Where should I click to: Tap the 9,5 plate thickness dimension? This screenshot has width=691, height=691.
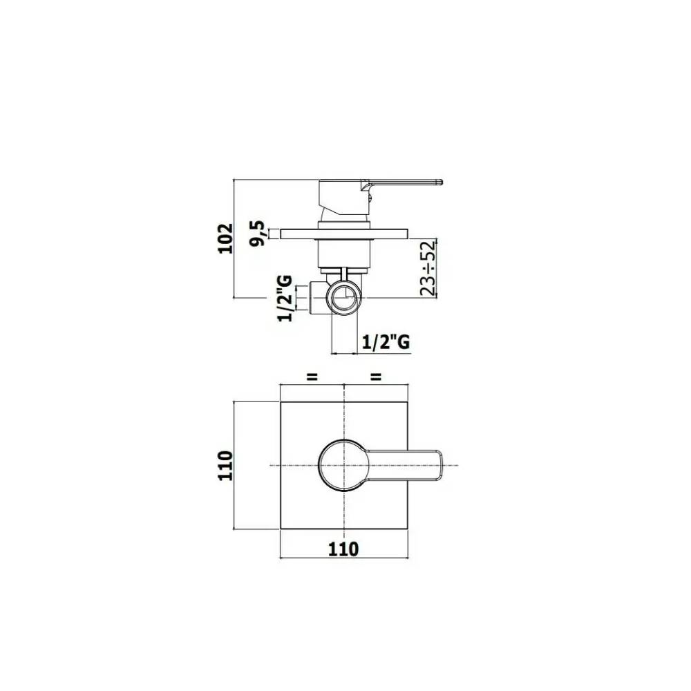(x=261, y=234)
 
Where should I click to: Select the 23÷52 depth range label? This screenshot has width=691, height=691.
(x=428, y=268)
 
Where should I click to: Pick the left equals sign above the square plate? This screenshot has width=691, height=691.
(x=312, y=377)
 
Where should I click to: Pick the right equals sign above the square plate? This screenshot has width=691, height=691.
(x=377, y=377)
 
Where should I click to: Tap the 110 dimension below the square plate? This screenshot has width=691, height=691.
(x=343, y=549)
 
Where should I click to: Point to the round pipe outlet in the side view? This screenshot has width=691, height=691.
(x=343, y=298)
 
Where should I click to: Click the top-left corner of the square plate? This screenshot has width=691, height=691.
(x=280, y=402)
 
